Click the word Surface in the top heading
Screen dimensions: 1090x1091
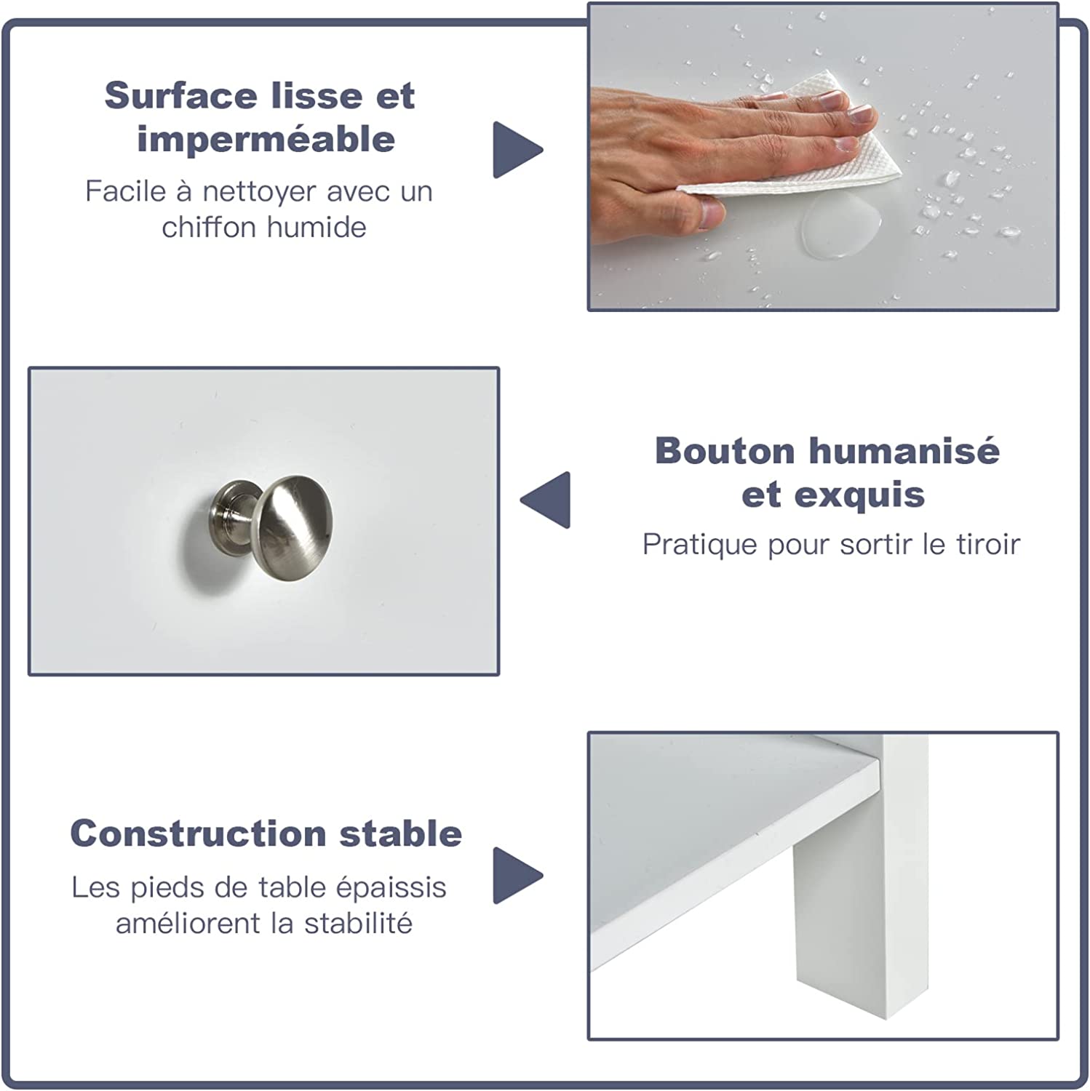181,96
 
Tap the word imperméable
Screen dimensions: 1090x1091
266,139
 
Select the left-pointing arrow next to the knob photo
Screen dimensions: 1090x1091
545,500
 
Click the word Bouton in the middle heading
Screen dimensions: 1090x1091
724,451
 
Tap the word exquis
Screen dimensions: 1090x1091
859,495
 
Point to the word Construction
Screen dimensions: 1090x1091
198,834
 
